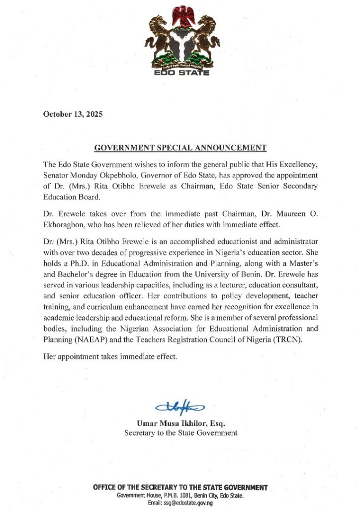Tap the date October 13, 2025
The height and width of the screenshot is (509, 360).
tap(73, 114)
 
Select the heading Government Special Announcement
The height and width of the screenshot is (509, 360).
tap(180, 148)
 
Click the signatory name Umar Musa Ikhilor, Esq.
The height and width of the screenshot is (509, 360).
tap(181, 423)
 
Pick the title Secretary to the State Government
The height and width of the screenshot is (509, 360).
tap(180, 433)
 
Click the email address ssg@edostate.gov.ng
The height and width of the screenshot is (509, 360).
tap(190, 504)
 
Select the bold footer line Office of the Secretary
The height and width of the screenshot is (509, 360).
tap(180, 487)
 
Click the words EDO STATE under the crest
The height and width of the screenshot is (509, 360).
tap(180, 73)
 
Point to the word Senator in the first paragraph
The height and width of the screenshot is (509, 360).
tap(58, 174)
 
